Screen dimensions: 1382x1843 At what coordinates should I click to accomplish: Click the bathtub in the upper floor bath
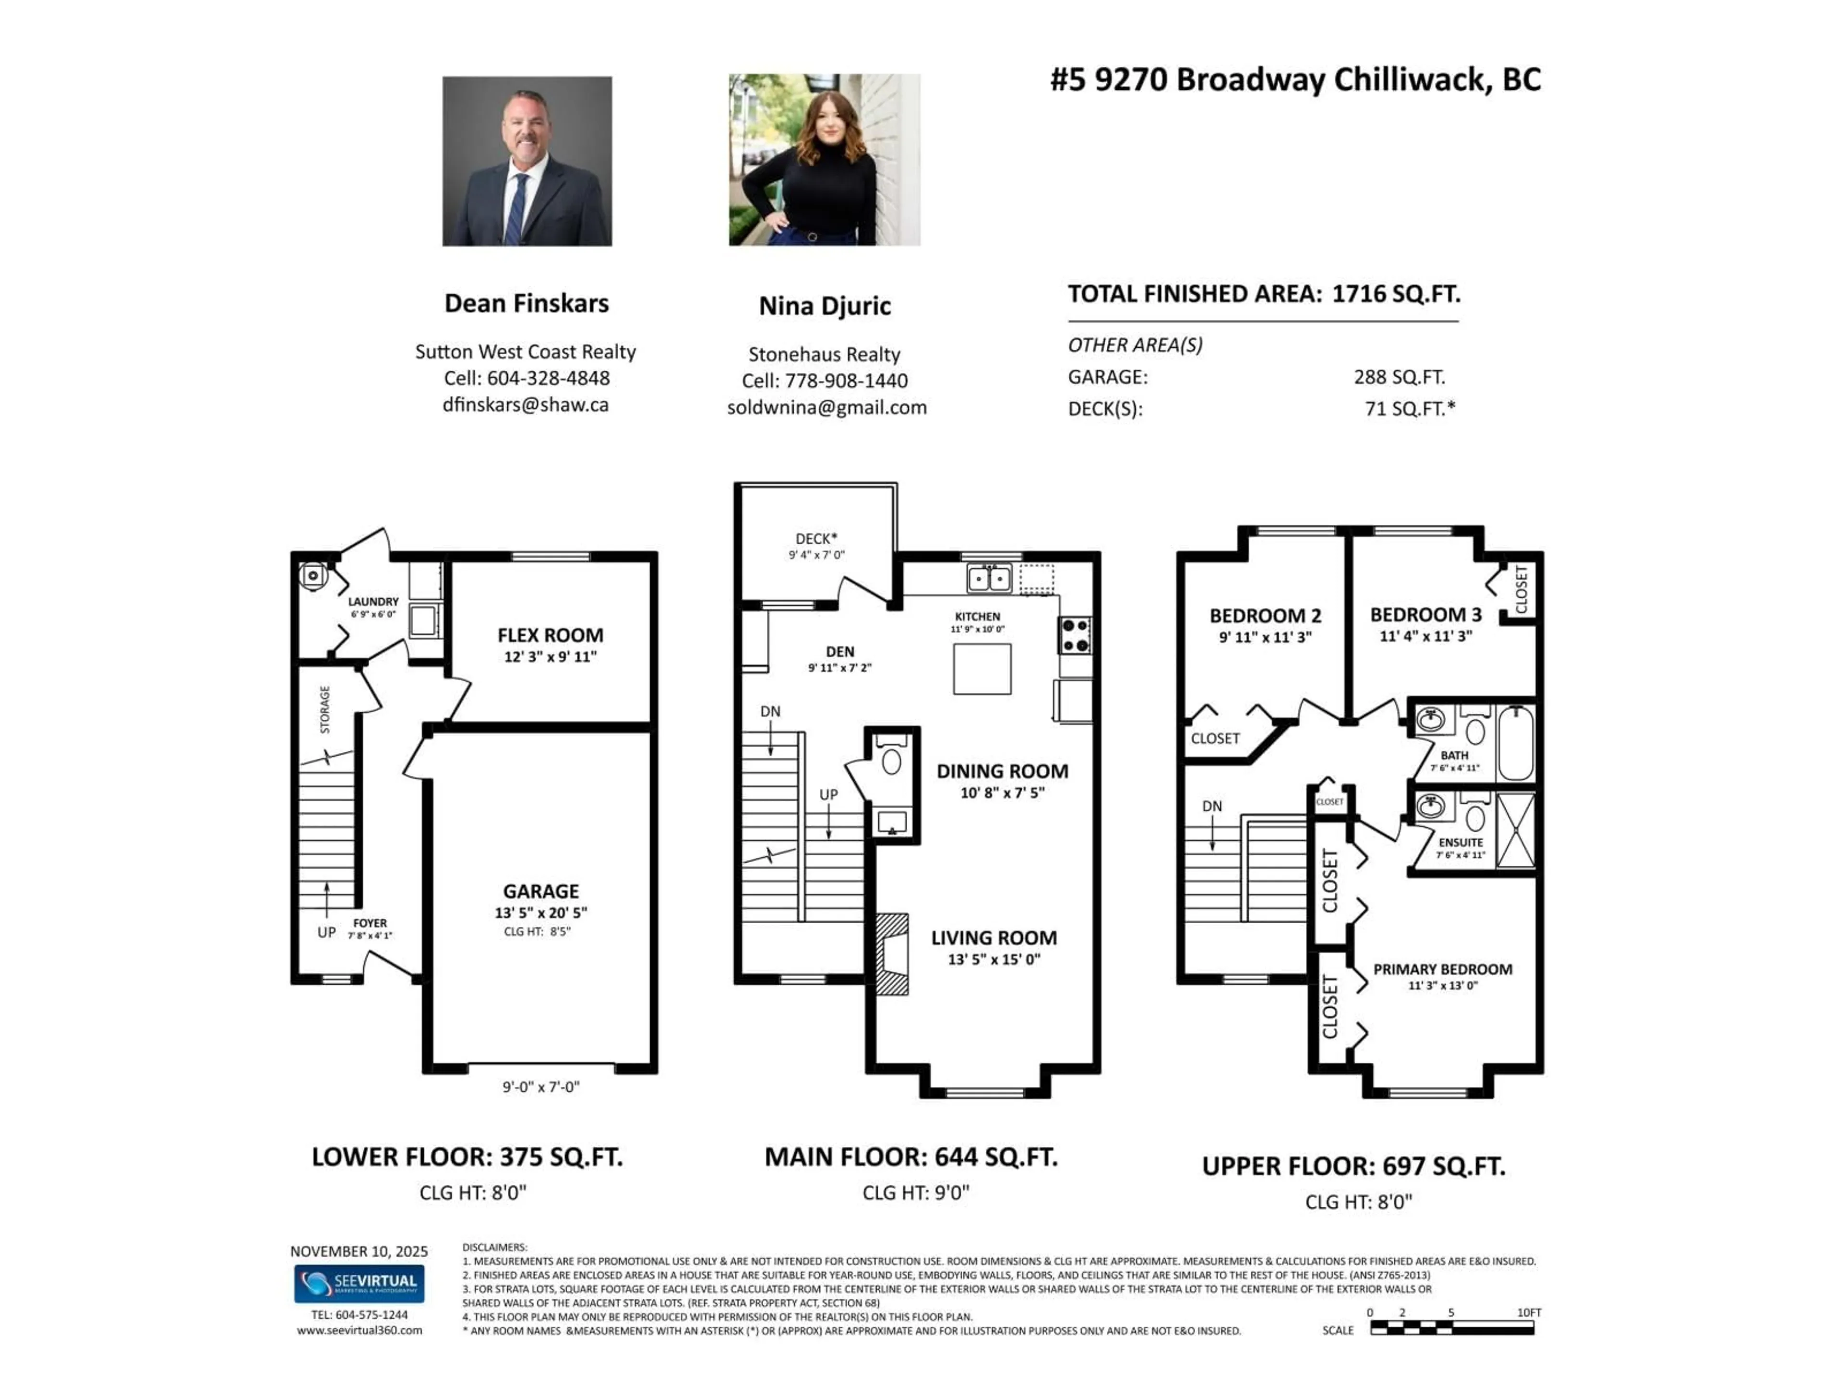tap(1516, 742)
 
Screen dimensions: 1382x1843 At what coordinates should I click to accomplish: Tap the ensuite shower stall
tap(1516, 831)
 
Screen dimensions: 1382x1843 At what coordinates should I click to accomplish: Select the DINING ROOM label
tap(1002, 772)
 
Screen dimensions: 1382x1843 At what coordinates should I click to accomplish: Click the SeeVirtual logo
tap(359, 1284)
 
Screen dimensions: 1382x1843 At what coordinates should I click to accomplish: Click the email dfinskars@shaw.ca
tap(526, 405)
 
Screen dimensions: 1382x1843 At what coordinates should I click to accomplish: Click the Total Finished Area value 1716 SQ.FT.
tap(1396, 294)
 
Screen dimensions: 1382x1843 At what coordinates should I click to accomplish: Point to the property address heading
tap(1295, 80)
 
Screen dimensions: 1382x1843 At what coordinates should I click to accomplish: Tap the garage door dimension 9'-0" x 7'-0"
tap(541, 1086)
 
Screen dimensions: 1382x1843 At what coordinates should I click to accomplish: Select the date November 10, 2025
tap(359, 1251)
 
